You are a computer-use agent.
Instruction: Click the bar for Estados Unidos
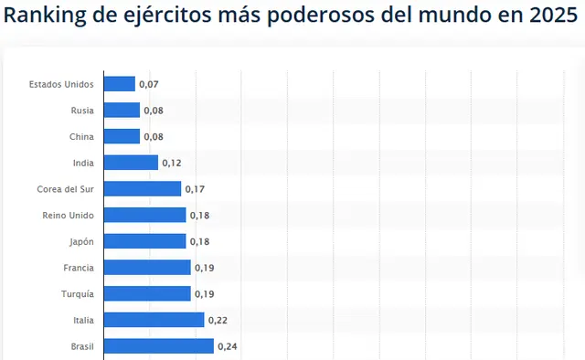pos(120,84)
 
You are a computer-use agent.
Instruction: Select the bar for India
pos(131,163)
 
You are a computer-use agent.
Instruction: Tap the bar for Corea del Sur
pos(143,189)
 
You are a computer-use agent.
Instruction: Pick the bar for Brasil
pos(159,346)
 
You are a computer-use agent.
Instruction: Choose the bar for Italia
pos(154,320)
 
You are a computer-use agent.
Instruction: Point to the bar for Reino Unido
pos(145,216)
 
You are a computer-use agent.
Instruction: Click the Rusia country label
pos(82,111)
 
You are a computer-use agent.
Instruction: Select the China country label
pos(81,137)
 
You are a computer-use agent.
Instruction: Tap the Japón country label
pos(80,241)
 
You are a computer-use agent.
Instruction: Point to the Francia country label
pos(78,268)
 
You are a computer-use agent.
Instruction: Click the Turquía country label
pos(77,294)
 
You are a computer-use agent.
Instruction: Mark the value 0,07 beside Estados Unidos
pos(149,85)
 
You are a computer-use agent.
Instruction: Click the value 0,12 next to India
pos(172,164)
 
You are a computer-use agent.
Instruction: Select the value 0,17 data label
pos(195,189)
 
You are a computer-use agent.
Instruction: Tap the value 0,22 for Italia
pos(218,320)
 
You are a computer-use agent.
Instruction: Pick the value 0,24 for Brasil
pos(228,346)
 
